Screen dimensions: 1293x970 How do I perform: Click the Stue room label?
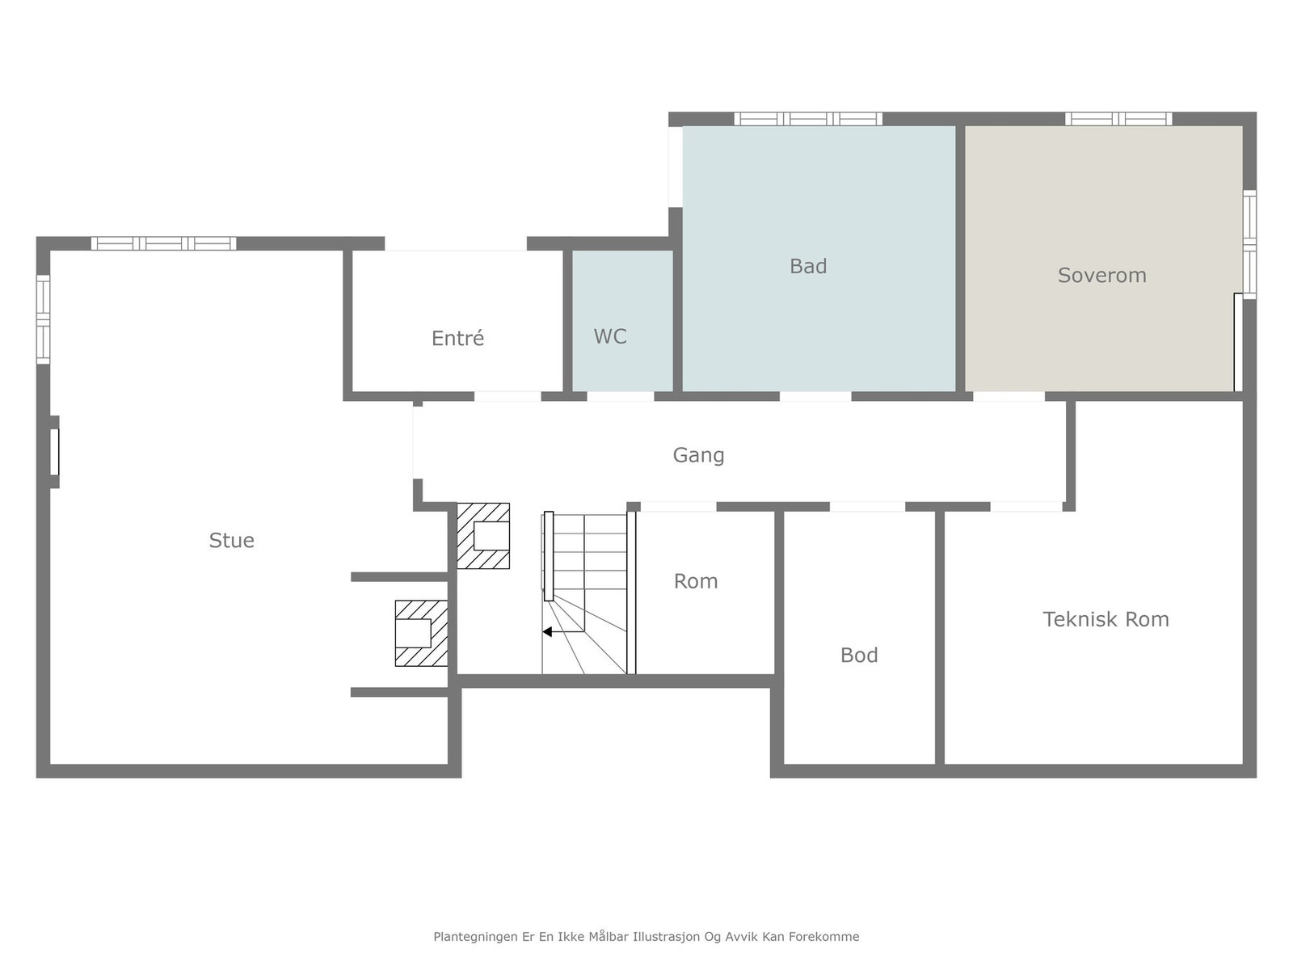click(231, 540)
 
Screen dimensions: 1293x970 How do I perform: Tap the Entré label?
click(457, 338)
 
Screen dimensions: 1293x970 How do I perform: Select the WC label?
click(609, 336)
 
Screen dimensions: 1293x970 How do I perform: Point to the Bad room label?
click(807, 266)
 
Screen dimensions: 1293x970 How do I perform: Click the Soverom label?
click(1101, 275)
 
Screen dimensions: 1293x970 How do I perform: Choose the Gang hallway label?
click(698, 455)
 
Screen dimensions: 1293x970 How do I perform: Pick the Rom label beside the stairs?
click(696, 581)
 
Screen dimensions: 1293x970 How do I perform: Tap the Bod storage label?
click(859, 655)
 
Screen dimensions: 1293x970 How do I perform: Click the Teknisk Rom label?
click(1106, 619)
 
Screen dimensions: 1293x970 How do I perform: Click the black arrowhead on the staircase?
click(546, 632)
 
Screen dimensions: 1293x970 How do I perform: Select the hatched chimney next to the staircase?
click(483, 535)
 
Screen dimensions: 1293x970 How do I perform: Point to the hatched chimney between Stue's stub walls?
click(421, 633)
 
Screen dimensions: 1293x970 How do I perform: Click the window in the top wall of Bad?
click(808, 119)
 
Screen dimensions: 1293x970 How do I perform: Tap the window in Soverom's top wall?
click(1118, 119)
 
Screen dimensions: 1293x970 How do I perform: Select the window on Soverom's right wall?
click(1249, 244)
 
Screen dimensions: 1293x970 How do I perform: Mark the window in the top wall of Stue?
click(164, 243)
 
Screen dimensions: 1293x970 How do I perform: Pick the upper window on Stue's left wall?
click(43, 319)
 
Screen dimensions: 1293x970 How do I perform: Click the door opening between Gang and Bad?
click(815, 396)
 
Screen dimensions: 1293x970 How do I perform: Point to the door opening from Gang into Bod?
click(867, 507)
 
